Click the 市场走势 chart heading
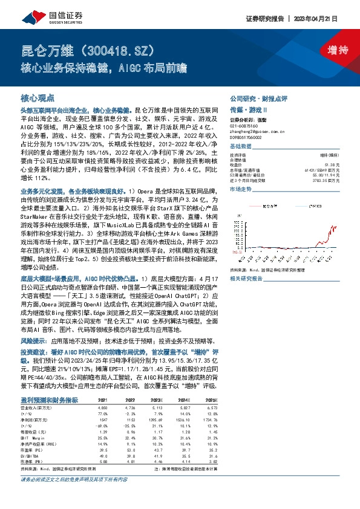pyautogui.click(x=242, y=189)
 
